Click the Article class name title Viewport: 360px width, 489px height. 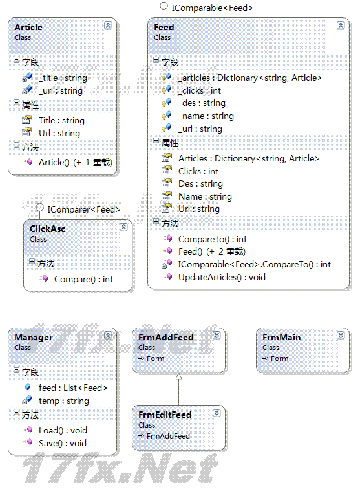(28, 27)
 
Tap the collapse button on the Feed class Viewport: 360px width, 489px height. (341, 25)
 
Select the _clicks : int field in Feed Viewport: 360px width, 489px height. (200, 90)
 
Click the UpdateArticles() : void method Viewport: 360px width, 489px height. (222, 277)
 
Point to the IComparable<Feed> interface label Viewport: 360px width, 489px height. (212, 8)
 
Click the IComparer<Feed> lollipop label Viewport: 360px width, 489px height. (84, 209)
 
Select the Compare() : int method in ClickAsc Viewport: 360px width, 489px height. (83, 280)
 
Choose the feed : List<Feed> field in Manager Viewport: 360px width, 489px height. (73, 388)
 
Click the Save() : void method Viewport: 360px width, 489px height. (63, 443)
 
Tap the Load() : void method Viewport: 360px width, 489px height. (63, 430)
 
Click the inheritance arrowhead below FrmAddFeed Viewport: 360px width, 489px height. (179, 377)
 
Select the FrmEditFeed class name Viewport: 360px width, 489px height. (165, 415)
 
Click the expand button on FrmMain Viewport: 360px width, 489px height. (341, 335)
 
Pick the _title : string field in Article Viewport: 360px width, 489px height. (63, 78)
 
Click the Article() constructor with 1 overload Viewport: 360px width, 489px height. (76, 163)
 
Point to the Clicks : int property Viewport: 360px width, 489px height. (198, 171)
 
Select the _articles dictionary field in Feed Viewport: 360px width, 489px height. (250, 78)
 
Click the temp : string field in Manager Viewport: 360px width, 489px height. (63, 401)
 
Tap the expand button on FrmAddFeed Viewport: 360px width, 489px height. (217, 335)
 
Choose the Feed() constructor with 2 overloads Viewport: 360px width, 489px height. (212, 251)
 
